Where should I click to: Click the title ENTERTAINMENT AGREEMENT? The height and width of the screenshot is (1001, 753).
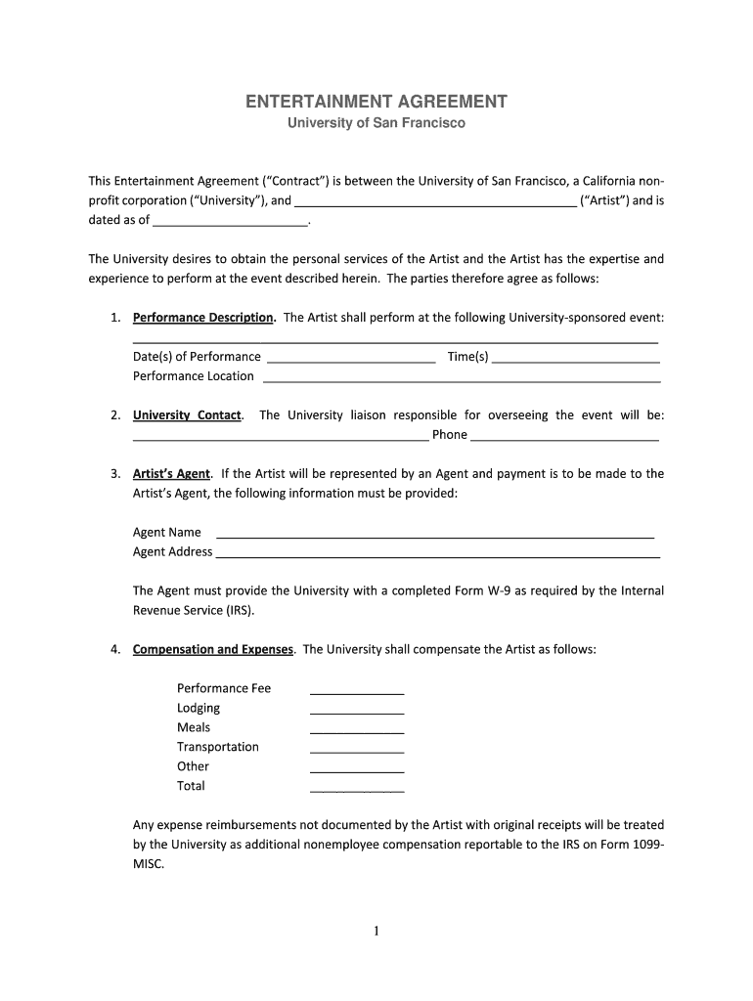click(376, 102)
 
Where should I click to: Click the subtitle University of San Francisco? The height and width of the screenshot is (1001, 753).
click(376, 124)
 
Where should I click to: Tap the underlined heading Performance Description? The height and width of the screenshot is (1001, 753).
click(203, 318)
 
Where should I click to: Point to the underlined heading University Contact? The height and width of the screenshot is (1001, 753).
click(187, 415)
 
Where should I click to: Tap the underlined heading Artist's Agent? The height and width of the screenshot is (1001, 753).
click(171, 474)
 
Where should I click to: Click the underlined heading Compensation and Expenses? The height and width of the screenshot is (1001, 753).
click(212, 650)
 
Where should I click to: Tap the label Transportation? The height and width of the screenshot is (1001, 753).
click(218, 747)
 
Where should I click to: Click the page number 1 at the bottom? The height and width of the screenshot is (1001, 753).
click(376, 932)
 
